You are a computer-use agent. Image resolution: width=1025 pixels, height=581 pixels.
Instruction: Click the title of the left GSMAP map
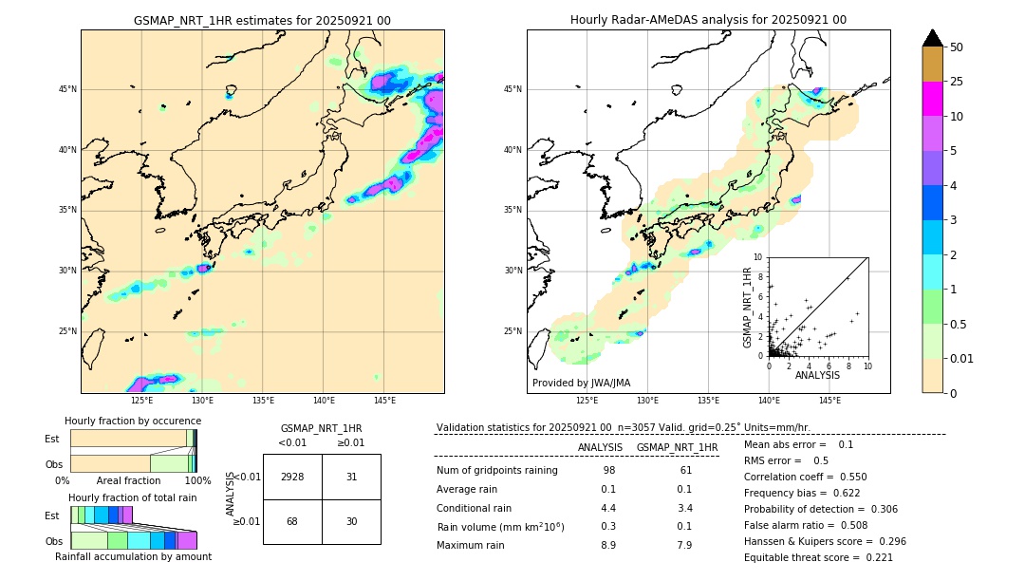[x=262, y=20]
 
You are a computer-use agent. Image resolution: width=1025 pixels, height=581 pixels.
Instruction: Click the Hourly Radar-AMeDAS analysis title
[x=708, y=20]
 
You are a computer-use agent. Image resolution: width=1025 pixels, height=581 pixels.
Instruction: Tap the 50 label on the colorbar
[x=957, y=47]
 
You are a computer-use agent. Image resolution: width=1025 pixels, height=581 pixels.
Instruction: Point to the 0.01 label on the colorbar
[x=962, y=358]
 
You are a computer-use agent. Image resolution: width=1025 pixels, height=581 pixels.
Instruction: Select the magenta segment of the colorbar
[x=933, y=99]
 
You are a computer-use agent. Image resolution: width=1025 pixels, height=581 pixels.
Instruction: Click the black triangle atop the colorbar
[x=933, y=38]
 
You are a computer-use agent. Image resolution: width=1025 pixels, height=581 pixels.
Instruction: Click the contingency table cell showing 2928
[x=292, y=477]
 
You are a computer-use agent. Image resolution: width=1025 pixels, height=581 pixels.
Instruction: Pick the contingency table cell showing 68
[x=292, y=521]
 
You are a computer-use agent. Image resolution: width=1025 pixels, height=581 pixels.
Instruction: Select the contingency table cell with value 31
[x=351, y=477]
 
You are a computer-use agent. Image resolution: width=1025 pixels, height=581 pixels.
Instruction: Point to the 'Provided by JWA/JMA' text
[x=581, y=384]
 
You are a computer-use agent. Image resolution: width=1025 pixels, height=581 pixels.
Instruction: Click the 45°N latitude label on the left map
[x=67, y=89]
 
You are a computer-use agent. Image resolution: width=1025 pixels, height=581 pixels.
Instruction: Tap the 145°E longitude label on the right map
[x=829, y=401]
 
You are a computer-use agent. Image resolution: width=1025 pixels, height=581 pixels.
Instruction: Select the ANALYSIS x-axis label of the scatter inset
[x=817, y=375]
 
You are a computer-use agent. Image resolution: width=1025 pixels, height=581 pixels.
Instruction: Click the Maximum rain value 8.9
[x=608, y=545]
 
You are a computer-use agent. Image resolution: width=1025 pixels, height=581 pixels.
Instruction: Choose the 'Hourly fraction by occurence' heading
[x=133, y=421]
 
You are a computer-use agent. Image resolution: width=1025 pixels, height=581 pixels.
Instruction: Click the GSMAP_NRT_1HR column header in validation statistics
[x=677, y=447]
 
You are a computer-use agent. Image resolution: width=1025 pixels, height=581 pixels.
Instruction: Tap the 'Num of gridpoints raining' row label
[x=497, y=470]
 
